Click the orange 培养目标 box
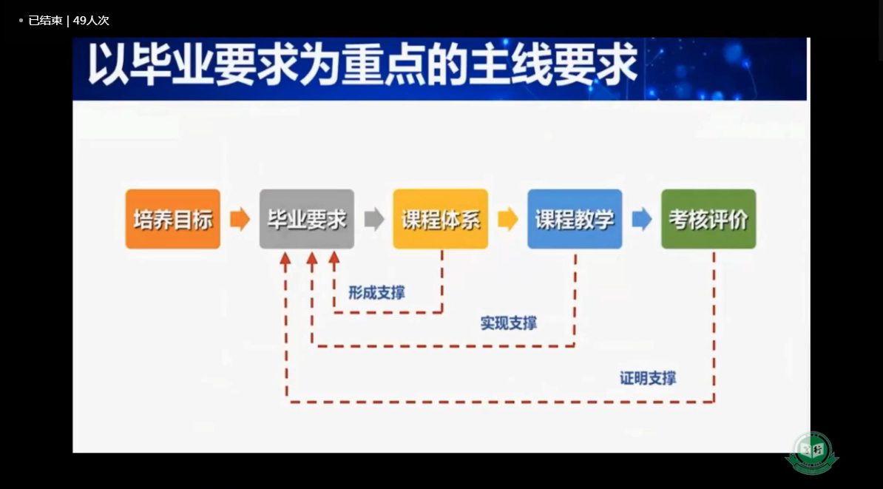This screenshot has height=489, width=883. point(173,219)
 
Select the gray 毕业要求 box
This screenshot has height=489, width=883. point(307,219)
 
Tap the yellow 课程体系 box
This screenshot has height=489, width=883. point(440,219)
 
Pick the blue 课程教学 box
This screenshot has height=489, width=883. point(575,219)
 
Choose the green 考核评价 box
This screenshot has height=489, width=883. point(708,219)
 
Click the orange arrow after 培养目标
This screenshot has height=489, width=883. point(240,219)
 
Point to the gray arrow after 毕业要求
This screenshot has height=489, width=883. point(374,219)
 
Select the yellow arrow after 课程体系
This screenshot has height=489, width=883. point(508,219)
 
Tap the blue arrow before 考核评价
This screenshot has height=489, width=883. point(642,219)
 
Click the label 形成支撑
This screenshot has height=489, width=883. point(376,293)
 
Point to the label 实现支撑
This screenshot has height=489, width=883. point(509,323)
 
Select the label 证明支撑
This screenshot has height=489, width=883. point(648,378)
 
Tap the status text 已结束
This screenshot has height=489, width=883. point(46,21)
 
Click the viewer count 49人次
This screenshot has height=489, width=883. point(91,21)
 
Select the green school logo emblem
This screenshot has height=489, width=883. point(812,453)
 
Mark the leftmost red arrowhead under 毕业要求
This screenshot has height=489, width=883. point(285,258)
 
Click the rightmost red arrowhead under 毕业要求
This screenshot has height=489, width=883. point(334,258)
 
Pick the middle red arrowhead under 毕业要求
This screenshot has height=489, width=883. point(311,258)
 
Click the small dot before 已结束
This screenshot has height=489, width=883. point(21,21)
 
